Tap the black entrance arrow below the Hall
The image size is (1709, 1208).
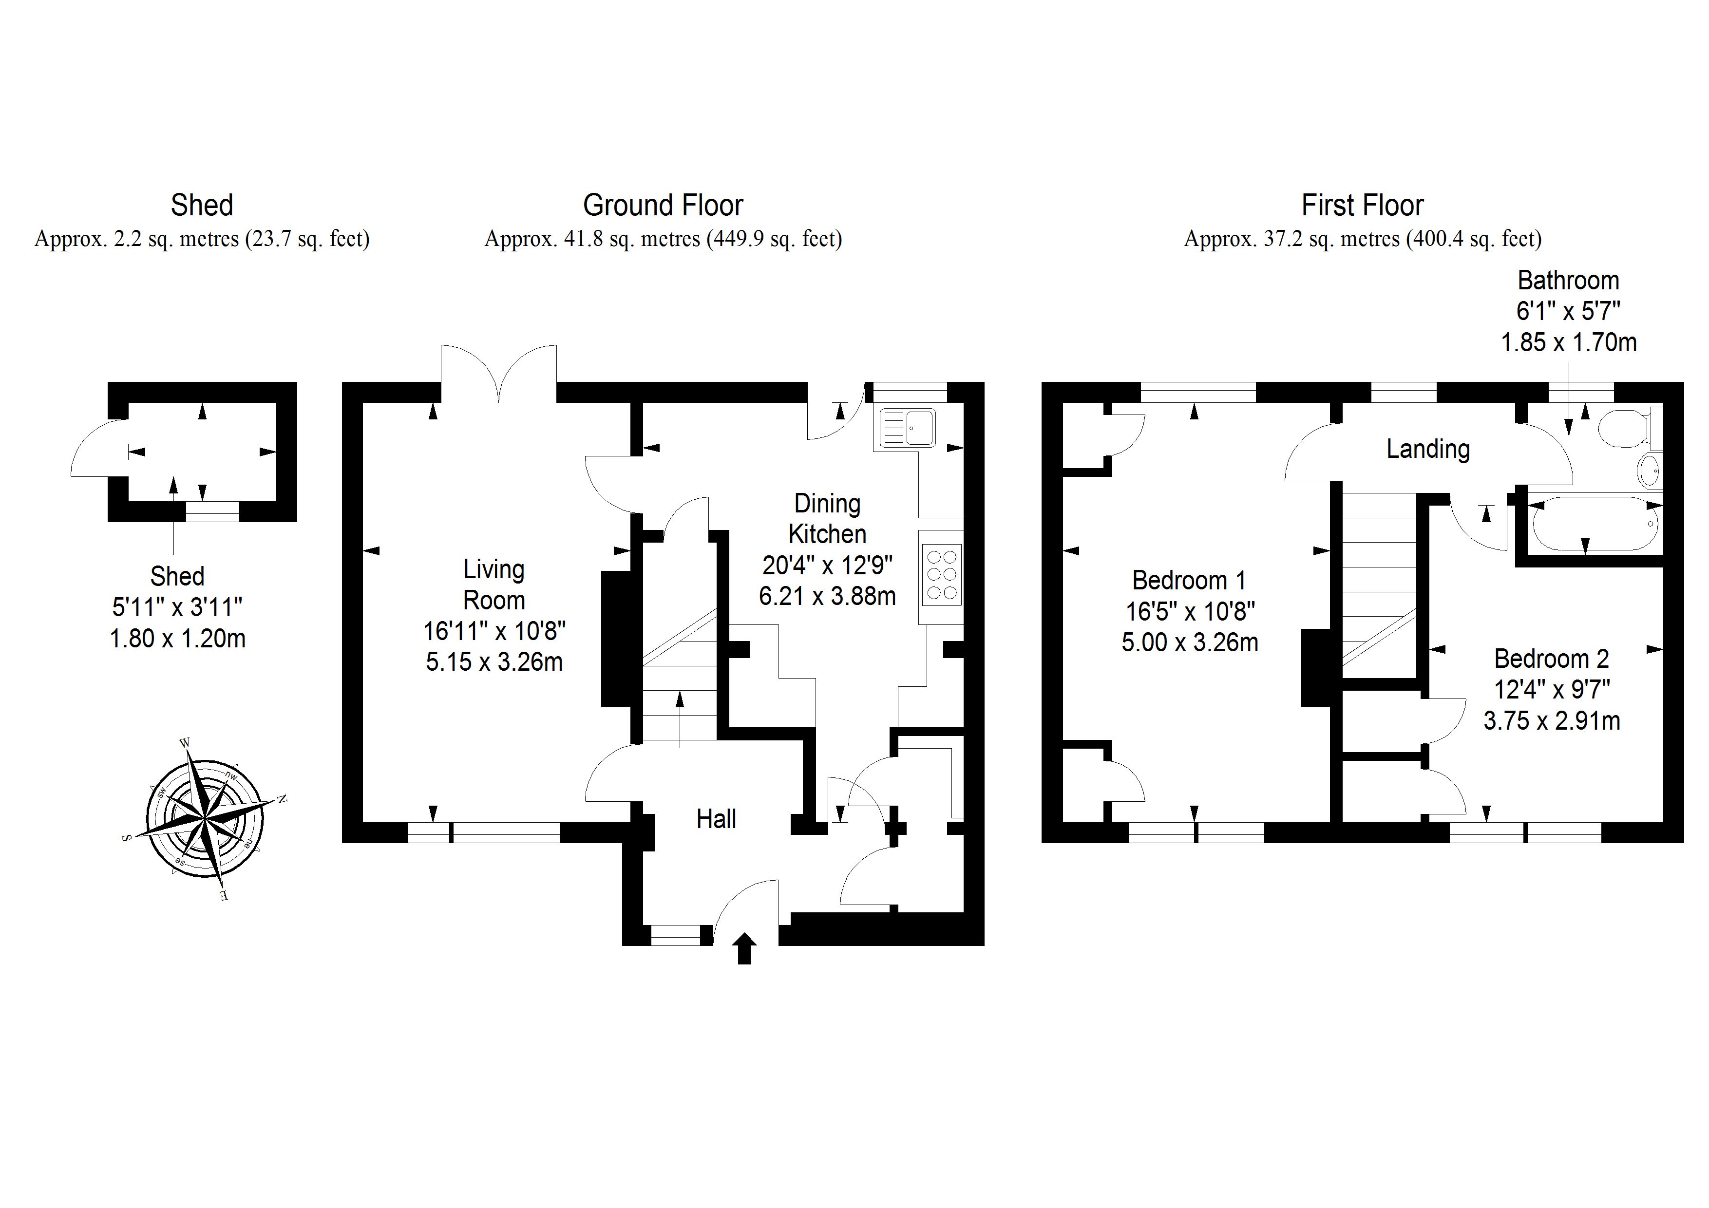tap(743, 949)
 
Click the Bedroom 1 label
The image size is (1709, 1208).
tap(1189, 580)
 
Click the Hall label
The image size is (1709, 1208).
tap(716, 819)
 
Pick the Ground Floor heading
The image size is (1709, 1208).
tap(663, 206)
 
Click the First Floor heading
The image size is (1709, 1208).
tap(1362, 206)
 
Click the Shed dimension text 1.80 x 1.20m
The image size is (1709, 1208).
tap(177, 639)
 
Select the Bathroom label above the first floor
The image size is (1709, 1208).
tap(1568, 281)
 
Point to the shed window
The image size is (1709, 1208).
tap(212, 511)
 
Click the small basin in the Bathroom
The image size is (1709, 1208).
tap(1649, 470)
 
